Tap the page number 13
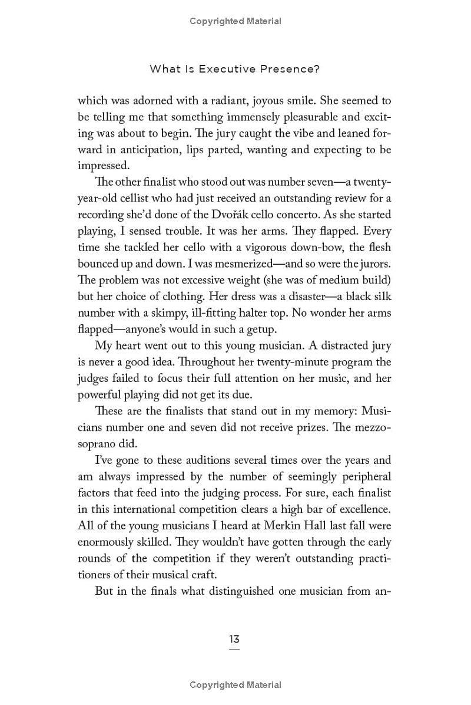coord(234,639)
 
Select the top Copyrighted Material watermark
coord(235,21)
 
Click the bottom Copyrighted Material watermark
coord(235,685)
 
